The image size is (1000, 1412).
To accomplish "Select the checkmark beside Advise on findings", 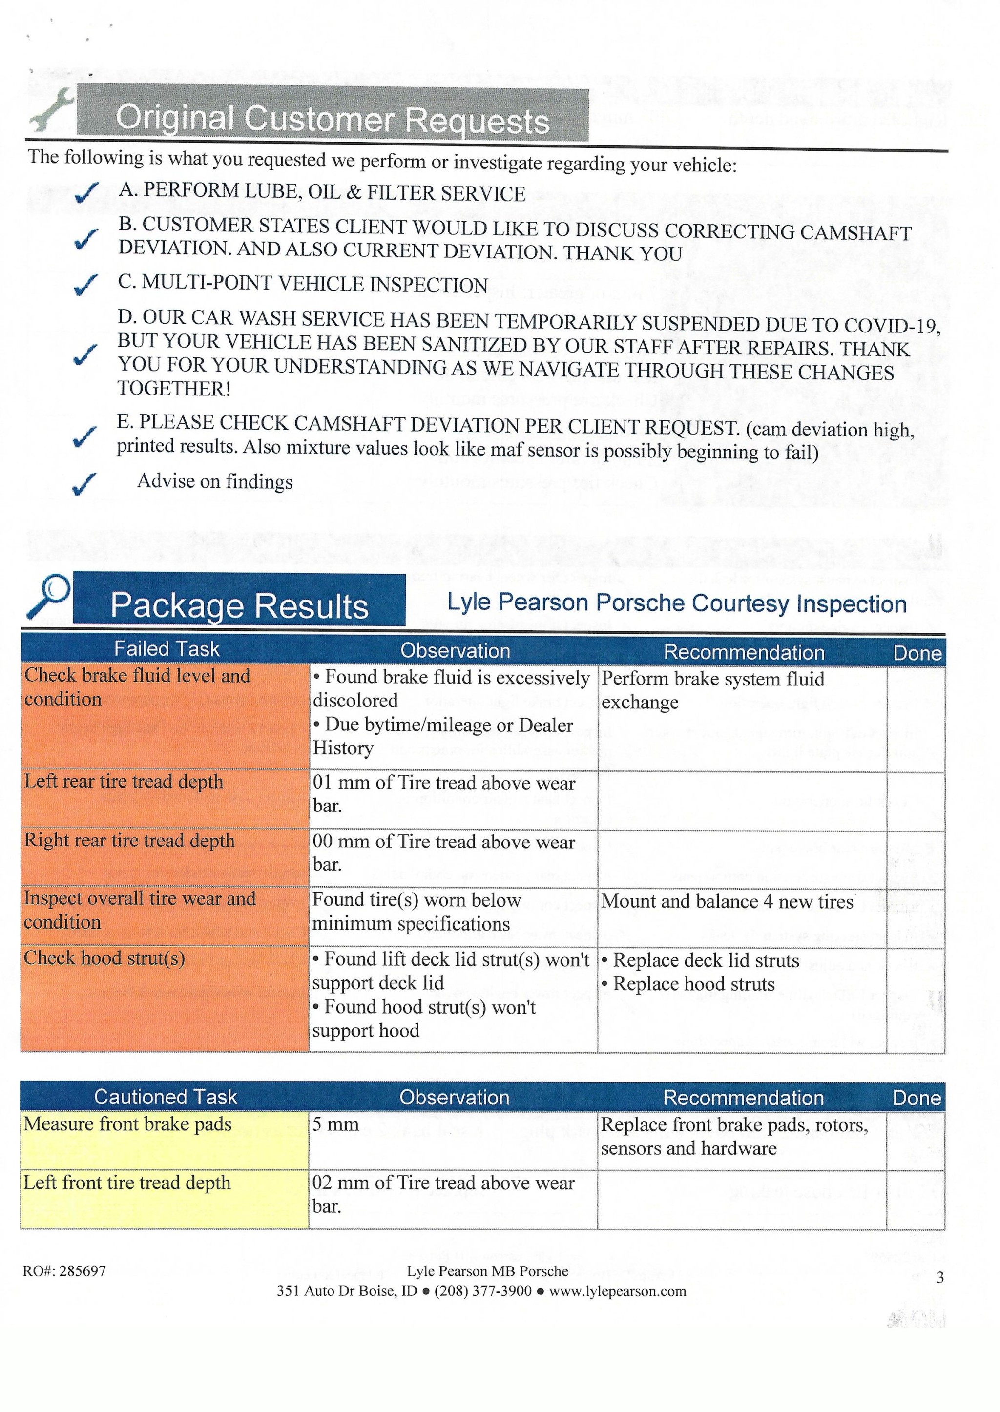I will (x=84, y=483).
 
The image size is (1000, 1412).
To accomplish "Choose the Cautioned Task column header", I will (x=165, y=1097).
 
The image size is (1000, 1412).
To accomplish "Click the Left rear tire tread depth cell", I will (x=123, y=782).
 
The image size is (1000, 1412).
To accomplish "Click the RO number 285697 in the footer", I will (x=64, y=1271).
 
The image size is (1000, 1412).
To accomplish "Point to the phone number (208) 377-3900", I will (x=483, y=1291).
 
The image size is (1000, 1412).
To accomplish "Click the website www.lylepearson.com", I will (x=617, y=1291).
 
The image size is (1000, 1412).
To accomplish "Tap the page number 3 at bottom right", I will (x=939, y=1278).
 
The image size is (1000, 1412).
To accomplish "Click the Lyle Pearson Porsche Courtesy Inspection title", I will (x=676, y=603).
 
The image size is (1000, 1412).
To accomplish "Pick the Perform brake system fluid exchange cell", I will (x=712, y=690).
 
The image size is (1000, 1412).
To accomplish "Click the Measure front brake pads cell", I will (x=127, y=1124).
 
